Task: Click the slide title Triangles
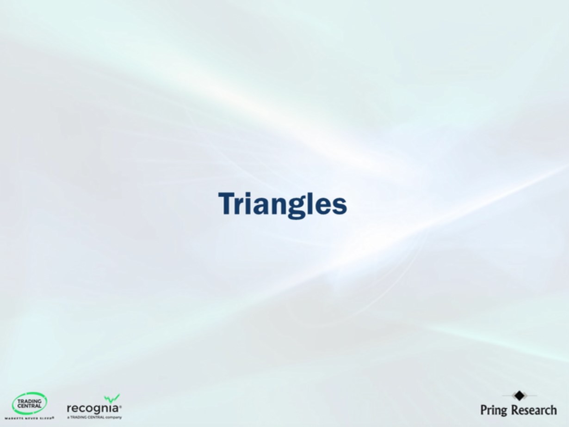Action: pyautogui.click(x=282, y=204)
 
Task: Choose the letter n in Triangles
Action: pyautogui.click(x=280, y=206)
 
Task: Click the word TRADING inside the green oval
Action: pyautogui.click(x=29, y=401)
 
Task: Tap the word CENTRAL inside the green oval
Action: pyautogui.click(x=29, y=406)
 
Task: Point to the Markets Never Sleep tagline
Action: pyautogui.click(x=29, y=418)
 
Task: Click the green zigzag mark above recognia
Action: pyautogui.click(x=111, y=398)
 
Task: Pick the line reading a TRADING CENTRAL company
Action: pyautogui.click(x=94, y=417)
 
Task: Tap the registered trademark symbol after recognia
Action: pyautogui.click(x=120, y=407)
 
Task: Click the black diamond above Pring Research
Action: pyautogui.click(x=519, y=396)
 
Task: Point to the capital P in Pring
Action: pyautogui.click(x=483, y=409)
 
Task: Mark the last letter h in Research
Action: pyautogui.click(x=553, y=409)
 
